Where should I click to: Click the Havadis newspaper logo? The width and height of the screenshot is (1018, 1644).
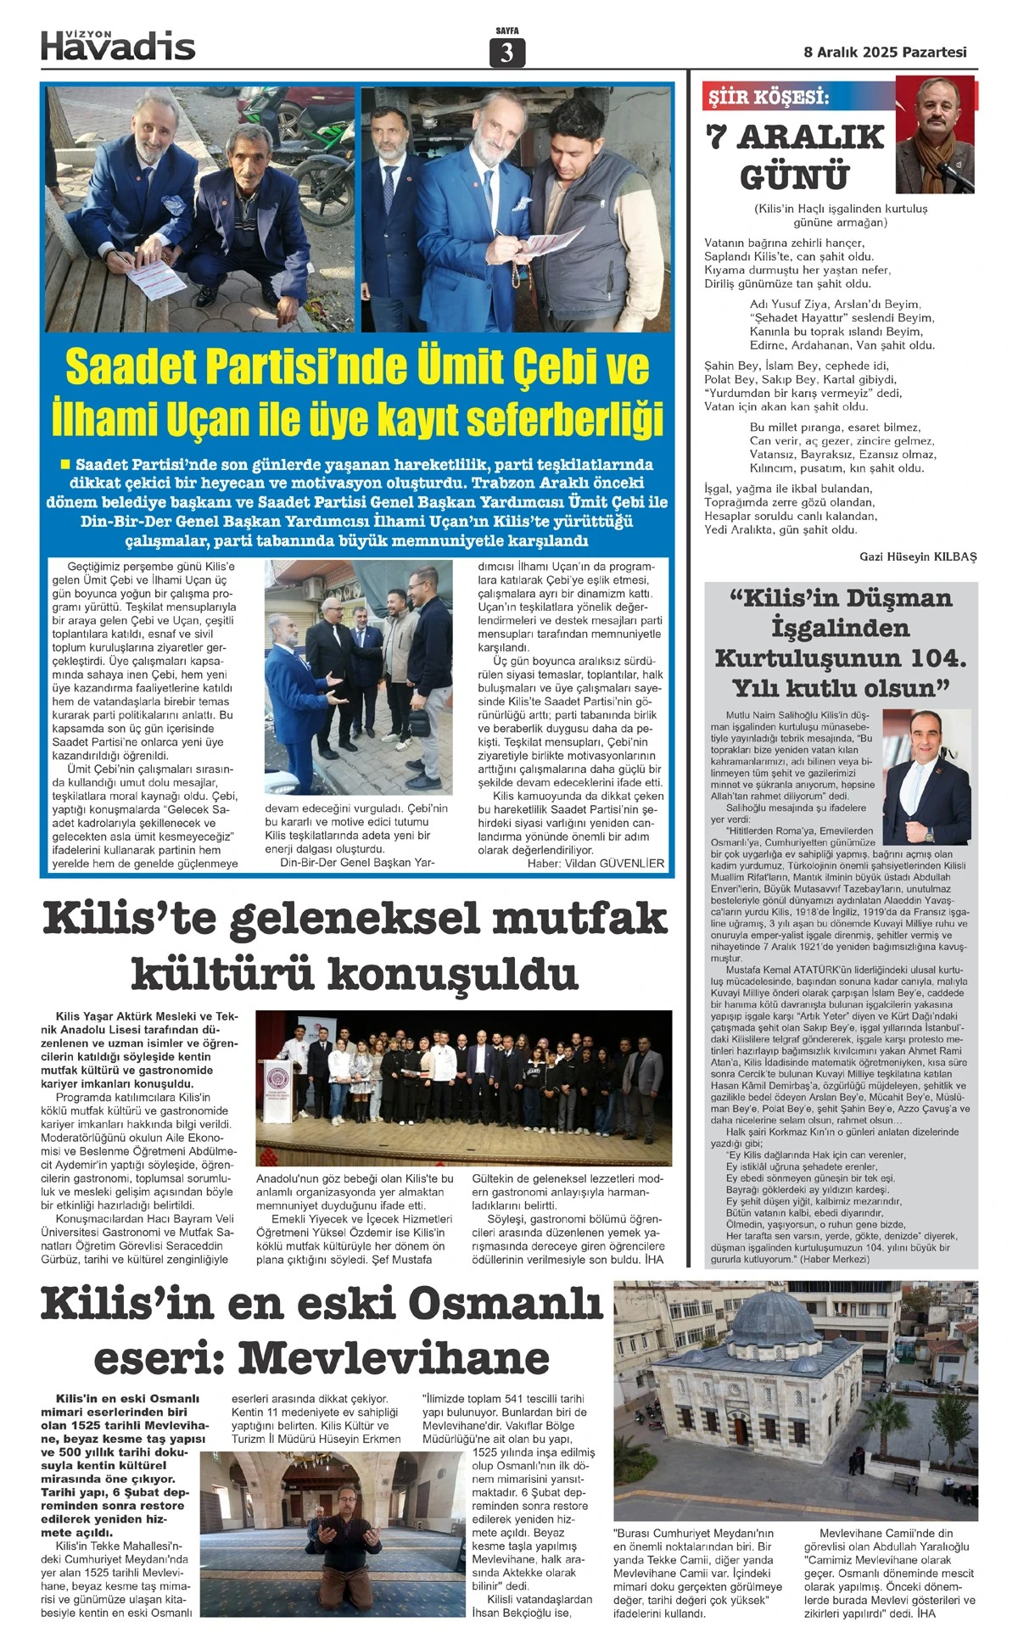[x=118, y=44]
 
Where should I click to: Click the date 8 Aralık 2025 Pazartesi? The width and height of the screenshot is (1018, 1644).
[x=885, y=52]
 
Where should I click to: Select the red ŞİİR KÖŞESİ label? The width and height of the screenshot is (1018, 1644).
[x=769, y=98]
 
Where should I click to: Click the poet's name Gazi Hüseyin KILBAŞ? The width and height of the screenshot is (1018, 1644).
[x=918, y=556]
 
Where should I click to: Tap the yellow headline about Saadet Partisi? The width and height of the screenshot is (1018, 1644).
[x=357, y=392]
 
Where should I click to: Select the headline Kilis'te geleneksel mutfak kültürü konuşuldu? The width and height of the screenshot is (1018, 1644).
[x=355, y=945]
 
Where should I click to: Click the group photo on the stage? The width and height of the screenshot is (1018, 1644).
[x=463, y=1087]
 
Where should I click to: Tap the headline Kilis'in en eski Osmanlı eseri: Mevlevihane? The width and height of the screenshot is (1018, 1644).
[x=322, y=1330]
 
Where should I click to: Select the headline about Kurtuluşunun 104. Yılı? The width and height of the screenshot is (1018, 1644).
[x=841, y=642]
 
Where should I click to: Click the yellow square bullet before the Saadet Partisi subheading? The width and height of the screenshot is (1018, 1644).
[x=64, y=464]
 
